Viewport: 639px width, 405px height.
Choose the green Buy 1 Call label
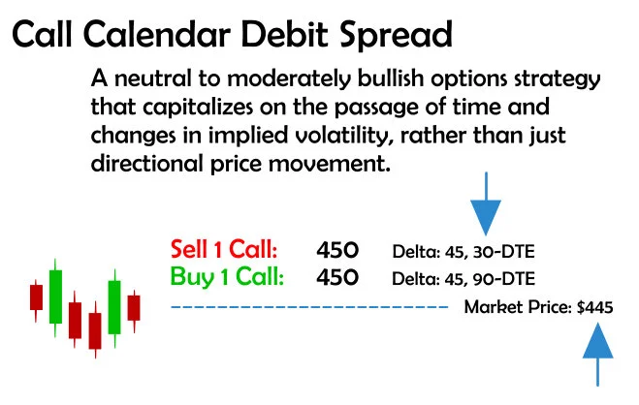coord(227,277)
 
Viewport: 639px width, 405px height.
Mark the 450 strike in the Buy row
coord(337,277)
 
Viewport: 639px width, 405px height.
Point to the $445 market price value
coord(594,307)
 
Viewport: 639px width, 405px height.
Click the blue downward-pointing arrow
coord(485,205)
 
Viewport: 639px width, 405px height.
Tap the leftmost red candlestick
coord(37,296)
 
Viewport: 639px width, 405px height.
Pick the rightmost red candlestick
coord(134,307)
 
